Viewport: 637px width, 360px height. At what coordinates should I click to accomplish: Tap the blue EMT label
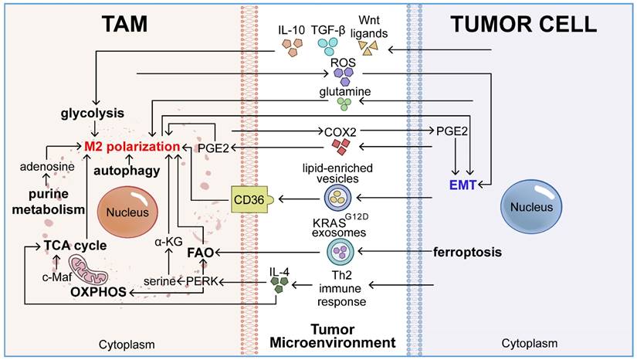coord(464,184)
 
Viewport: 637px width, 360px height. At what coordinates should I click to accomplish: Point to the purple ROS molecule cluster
coord(341,75)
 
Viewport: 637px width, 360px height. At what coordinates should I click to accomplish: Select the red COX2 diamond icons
coord(338,144)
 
